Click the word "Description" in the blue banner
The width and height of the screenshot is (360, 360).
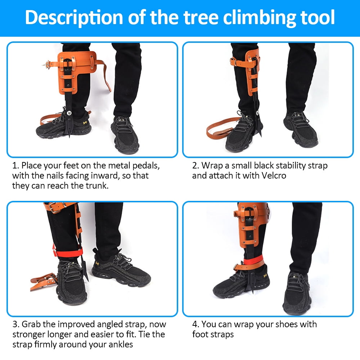[74, 17]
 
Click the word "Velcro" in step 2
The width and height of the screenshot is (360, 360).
[274, 176]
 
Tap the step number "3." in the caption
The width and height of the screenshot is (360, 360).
[16, 324]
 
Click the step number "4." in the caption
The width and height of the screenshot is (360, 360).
[195, 324]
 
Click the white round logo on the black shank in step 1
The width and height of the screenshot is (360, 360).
[69, 113]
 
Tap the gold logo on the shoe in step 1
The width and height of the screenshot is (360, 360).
[85, 122]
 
